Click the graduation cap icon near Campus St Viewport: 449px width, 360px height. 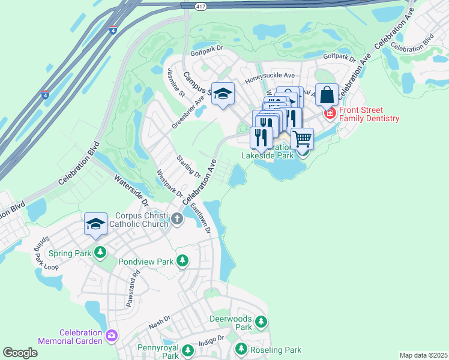223,94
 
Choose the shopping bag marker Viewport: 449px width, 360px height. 327,94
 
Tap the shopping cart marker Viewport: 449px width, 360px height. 302,139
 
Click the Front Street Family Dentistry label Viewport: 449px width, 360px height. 369,114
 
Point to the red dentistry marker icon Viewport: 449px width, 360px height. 330,112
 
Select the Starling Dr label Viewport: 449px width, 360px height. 188,166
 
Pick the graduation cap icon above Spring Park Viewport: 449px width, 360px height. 95,224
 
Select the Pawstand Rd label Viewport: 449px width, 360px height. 133,289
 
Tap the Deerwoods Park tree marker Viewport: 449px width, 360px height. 261,323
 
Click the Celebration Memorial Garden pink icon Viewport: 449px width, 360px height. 110,335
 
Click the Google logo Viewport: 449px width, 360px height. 20,352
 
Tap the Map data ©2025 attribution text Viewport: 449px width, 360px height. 423,355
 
